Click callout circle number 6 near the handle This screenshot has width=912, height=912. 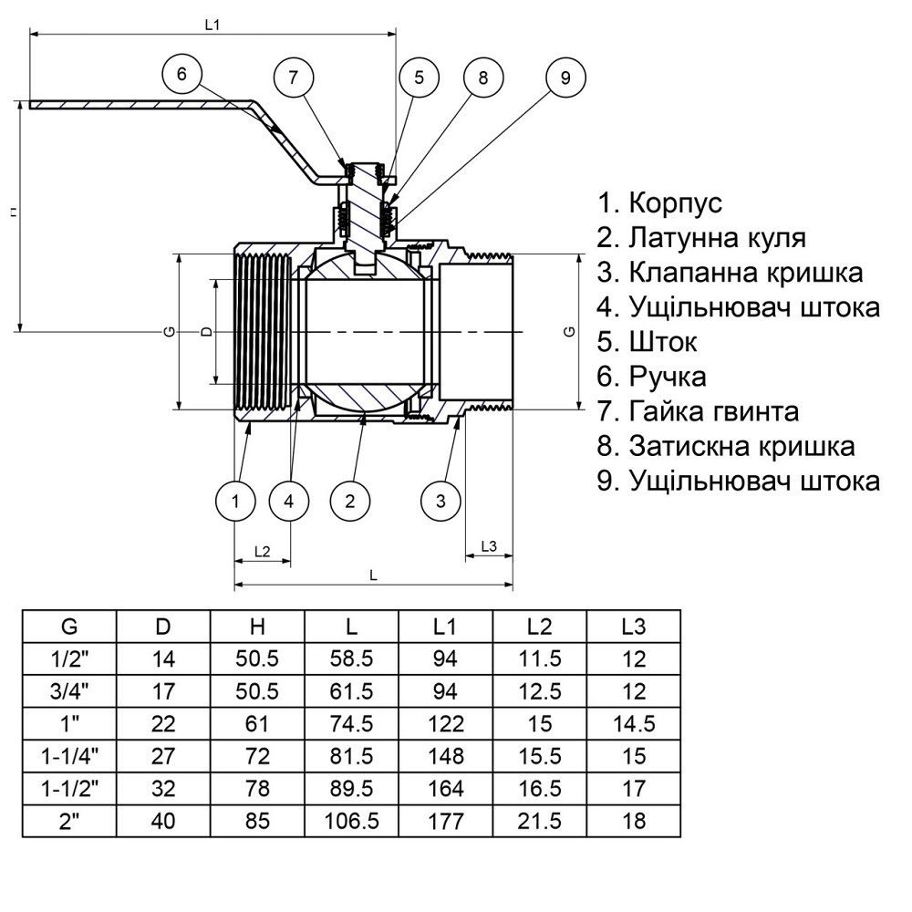point(182,75)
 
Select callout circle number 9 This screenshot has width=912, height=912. point(565,78)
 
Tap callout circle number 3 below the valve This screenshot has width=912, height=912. point(440,500)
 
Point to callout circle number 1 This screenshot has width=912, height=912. point(235,500)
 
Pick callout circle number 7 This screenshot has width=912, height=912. point(293,78)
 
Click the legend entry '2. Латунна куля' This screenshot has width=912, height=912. point(701,238)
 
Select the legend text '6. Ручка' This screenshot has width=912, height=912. point(651,376)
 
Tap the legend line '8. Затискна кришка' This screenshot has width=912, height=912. point(726,446)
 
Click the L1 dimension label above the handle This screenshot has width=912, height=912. point(212,26)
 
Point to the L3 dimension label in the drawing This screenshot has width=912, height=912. point(488,546)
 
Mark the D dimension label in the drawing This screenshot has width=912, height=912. point(206,332)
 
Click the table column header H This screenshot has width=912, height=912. point(258,627)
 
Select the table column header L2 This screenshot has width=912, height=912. point(540,627)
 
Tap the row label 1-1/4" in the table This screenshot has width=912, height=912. point(69,756)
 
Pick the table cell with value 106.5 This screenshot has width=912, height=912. point(352,821)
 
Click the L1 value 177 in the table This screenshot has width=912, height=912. point(446,821)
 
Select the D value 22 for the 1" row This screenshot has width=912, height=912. point(163,724)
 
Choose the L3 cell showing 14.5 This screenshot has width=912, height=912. point(634,724)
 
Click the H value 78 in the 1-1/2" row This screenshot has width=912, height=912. point(258,789)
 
